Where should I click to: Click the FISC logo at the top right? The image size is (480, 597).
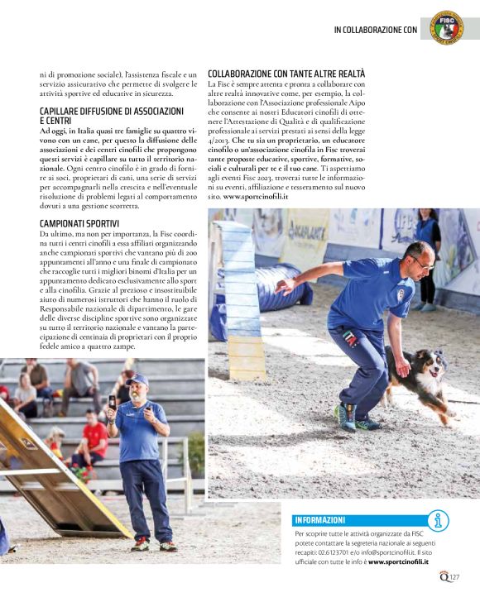[448, 26]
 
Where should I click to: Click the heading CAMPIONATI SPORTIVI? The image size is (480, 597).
[79, 224]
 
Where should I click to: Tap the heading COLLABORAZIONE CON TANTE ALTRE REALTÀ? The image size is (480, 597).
[286, 74]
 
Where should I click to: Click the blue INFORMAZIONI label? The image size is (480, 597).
[319, 520]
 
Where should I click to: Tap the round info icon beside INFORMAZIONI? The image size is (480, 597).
[438, 520]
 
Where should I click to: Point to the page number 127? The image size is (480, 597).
[454, 576]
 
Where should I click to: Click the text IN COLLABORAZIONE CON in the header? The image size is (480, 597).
[375, 30]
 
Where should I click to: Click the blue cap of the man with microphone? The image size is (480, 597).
[137, 379]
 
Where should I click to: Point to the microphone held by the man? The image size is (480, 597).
[113, 402]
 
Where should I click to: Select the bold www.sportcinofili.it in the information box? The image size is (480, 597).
[404, 561]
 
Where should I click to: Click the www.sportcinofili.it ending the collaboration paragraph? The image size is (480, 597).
[255, 197]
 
